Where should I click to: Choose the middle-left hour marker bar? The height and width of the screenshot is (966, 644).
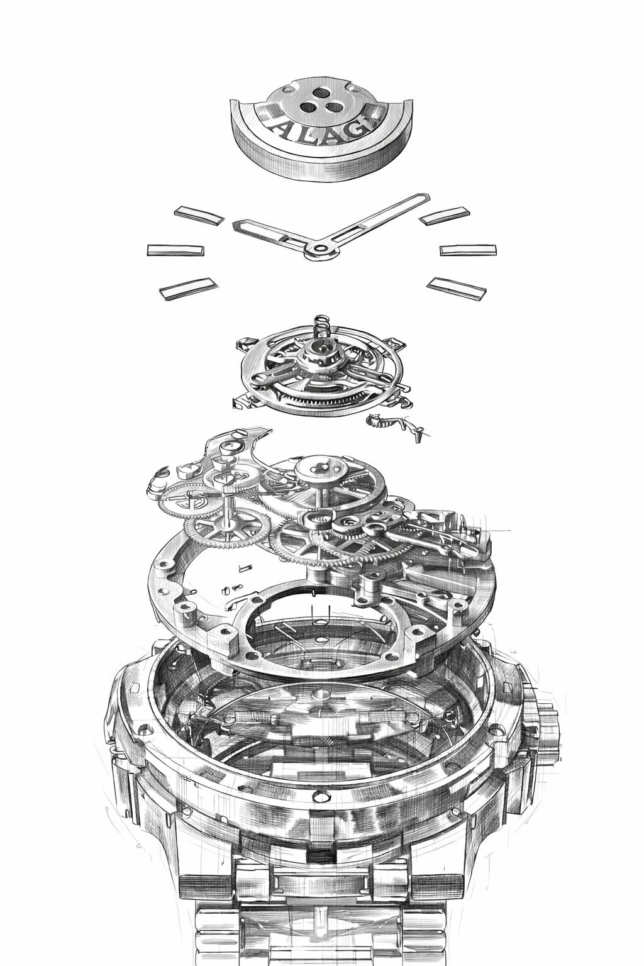[x=175, y=250]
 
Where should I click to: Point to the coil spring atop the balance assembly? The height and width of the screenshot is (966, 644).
[x=320, y=328]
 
